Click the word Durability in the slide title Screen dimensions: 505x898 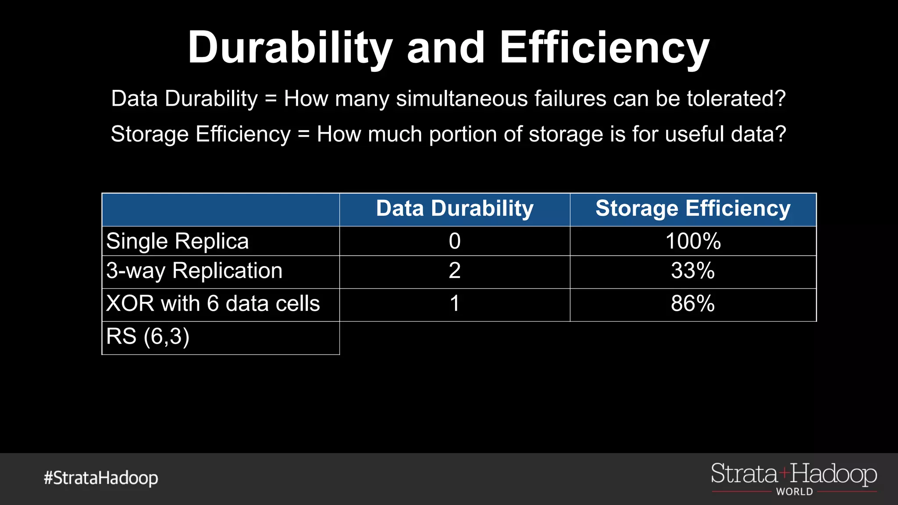290,48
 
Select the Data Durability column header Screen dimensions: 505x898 455,209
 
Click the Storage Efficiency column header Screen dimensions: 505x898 693,209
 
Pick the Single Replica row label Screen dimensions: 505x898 178,242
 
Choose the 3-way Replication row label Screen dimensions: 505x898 194,271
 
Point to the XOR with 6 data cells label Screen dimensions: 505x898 213,304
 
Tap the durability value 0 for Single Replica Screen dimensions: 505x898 455,242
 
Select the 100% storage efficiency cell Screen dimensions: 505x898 693,242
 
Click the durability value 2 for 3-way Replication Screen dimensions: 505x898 455,271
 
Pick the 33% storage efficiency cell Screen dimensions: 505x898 693,271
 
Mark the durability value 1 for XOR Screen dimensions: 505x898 455,304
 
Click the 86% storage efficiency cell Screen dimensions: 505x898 693,304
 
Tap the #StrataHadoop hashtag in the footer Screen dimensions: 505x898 101,478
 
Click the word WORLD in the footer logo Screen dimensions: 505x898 795,492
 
